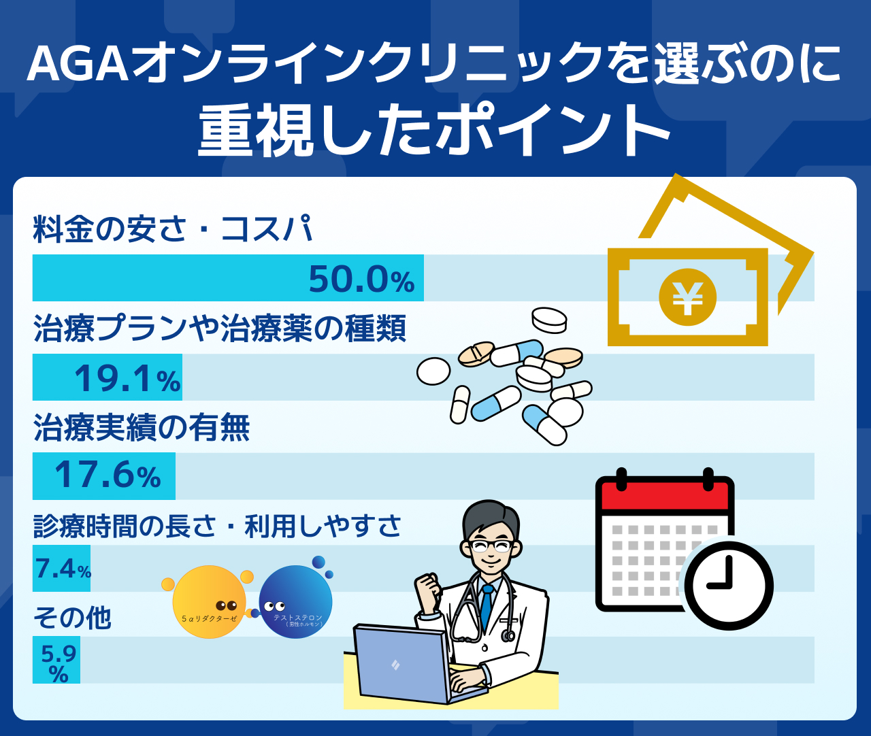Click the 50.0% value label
361,279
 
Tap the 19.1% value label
128,378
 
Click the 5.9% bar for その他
56,660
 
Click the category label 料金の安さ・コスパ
173,229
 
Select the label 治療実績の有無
142,427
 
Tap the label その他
72,618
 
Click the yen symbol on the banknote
687,297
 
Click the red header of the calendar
665,494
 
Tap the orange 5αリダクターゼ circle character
209,601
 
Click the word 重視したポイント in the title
434,131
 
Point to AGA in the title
78,64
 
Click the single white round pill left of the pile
433,371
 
